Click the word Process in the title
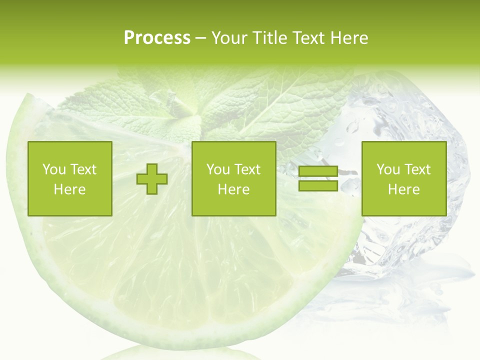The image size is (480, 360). coord(157,38)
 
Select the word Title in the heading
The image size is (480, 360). coord(270,38)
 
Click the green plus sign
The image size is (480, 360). coord(152,179)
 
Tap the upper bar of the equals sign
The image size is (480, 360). coord(318,171)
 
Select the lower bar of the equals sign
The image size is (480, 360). coord(318,185)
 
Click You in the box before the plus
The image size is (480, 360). coord(53,169)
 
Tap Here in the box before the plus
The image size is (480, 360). coord(69,189)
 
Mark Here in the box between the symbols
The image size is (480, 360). coord(233,189)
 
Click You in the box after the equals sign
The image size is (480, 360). coord(387,169)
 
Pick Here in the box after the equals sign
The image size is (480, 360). coord(403,189)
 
